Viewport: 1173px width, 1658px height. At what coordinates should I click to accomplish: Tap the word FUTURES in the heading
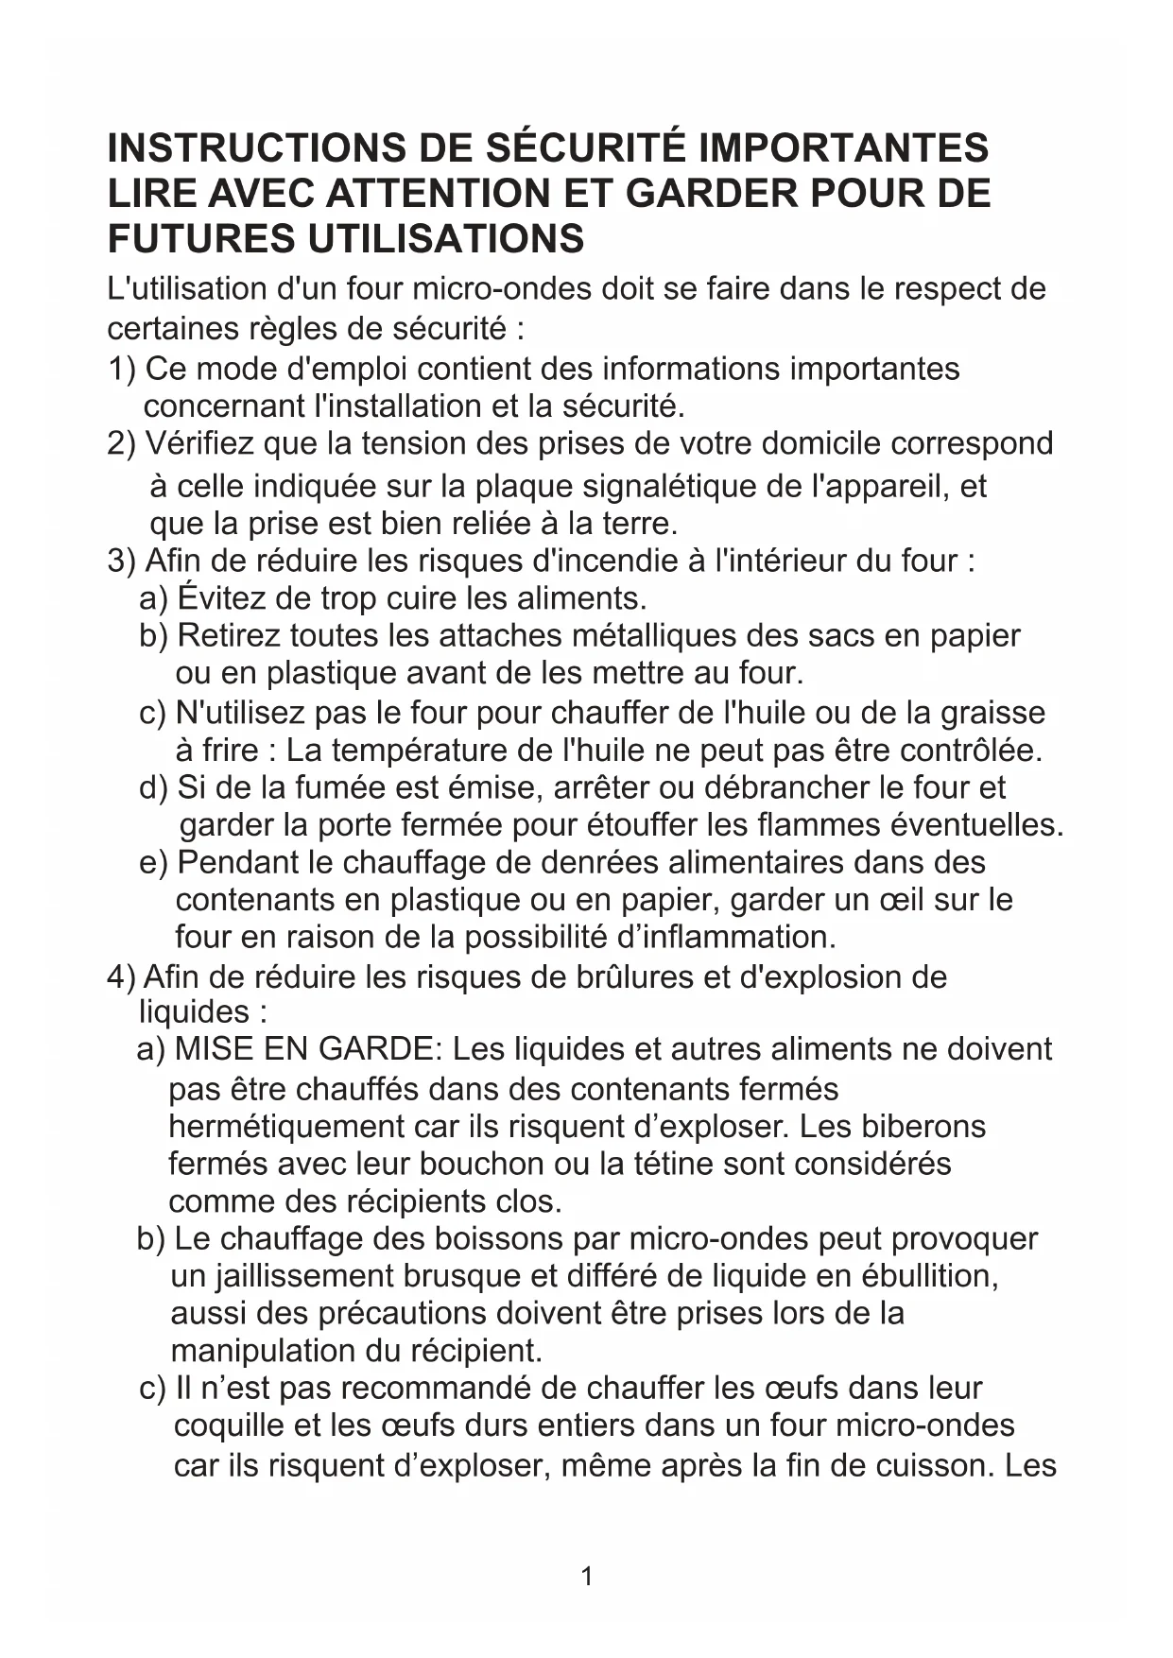[x=200, y=238]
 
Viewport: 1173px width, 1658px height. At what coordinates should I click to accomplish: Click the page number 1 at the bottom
[x=587, y=1576]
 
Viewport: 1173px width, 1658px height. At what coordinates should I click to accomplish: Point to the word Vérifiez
[x=198, y=443]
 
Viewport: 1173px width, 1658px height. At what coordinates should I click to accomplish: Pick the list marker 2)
[x=122, y=443]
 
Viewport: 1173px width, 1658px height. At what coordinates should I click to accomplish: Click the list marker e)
[x=152, y=862]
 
